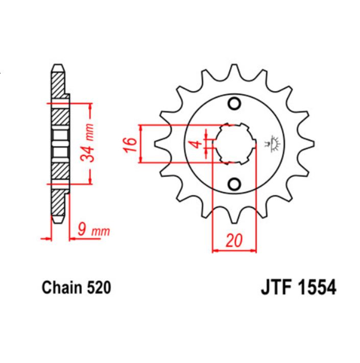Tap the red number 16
[129, 144]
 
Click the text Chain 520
[76, 288]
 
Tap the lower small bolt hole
[234, 183]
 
